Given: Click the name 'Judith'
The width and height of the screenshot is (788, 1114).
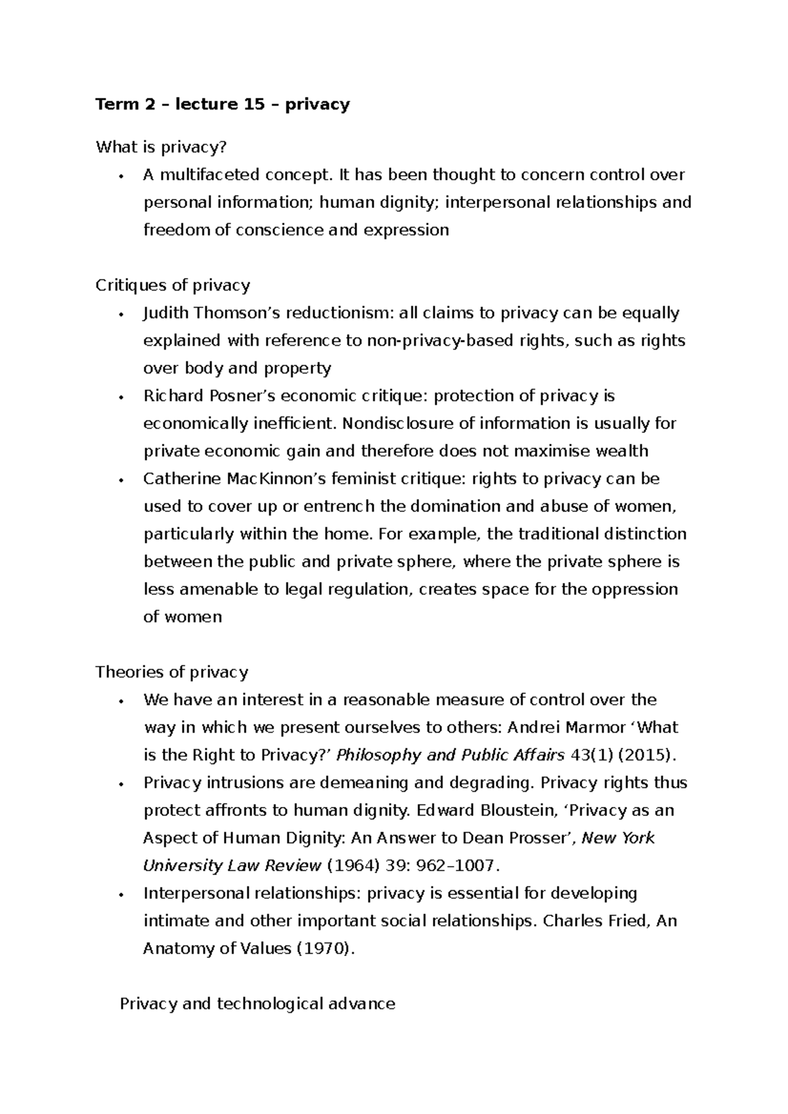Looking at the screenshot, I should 165,313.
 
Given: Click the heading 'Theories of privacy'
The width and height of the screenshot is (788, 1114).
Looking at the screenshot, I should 171,672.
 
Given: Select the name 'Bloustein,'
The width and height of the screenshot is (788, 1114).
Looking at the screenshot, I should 504,810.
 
